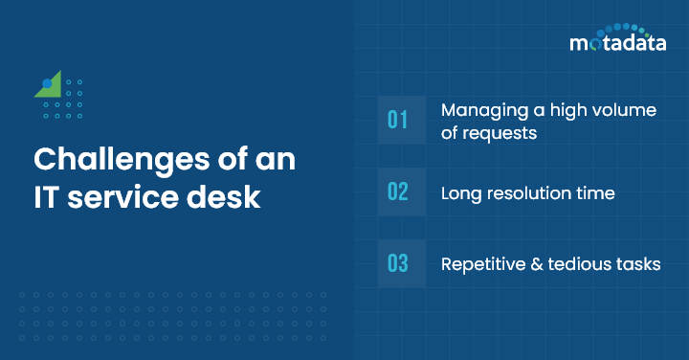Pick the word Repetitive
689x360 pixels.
click(481, 264)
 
